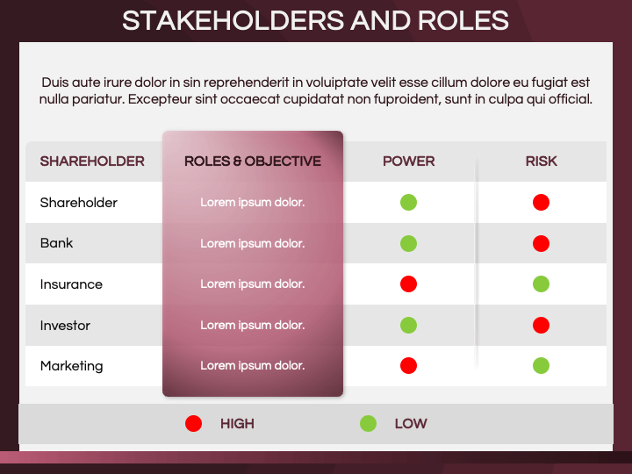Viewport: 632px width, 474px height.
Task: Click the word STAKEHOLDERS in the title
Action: coord(234,20)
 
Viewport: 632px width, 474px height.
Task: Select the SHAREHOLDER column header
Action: coord(92,162)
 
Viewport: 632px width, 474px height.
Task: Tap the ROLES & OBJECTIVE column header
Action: coord(253,162)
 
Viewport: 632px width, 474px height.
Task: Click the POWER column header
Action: coord(409,162)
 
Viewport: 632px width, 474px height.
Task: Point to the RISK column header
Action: coord(541,162)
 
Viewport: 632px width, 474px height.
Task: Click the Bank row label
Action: coord(56,243)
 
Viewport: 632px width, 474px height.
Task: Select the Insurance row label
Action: coord(71,284)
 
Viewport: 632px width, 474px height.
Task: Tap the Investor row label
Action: coord(65,326)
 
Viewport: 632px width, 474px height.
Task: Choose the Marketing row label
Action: coord(71,366)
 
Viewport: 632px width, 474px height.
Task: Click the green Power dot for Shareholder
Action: coord(408,203)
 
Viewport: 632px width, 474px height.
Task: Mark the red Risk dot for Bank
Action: coord(541,243)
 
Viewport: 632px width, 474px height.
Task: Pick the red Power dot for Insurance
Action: coord(408,284)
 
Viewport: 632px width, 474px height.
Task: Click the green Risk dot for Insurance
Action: coord(541,284)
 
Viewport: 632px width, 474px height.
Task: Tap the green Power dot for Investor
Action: coord(408,325)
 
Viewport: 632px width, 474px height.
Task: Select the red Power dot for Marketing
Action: coord(408,365)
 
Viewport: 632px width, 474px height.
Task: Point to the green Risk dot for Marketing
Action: coord(541,365)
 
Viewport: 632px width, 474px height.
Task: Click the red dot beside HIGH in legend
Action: coord(193,424)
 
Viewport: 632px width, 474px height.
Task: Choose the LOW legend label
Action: coord(411,424)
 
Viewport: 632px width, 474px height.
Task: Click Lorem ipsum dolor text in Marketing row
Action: coord(253,365)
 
